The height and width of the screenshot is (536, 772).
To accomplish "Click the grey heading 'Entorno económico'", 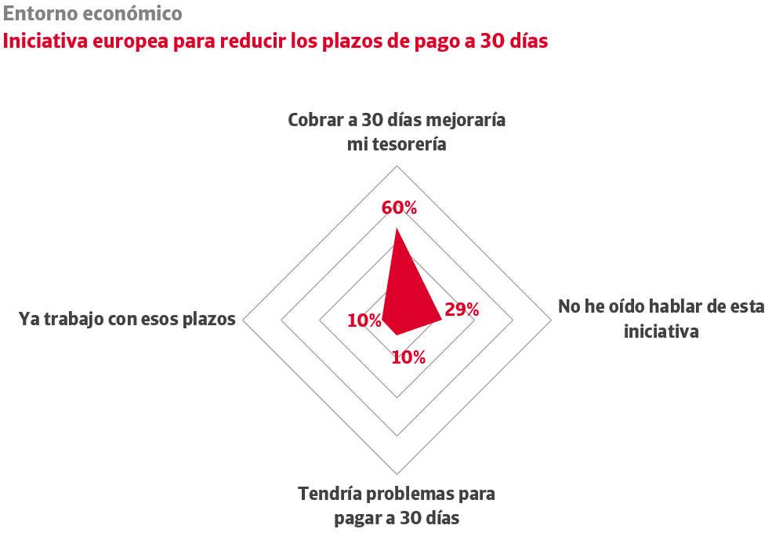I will (x=92, y=13).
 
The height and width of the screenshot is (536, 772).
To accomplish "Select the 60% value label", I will (x=399, y=208).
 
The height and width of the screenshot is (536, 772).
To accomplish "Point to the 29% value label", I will (x=462, y=310).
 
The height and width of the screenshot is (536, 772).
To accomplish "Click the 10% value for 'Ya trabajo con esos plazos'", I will (x=364, y=321).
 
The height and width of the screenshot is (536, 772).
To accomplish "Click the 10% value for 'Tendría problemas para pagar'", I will (x=408, y=357).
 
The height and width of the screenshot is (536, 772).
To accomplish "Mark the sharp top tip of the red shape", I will (x=397, y=229).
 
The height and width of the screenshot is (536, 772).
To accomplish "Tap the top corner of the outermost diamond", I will (x=397, y=165).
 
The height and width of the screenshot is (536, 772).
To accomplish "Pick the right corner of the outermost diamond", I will (x=552, y=320).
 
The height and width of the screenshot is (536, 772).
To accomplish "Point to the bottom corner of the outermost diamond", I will (x=397, y=474).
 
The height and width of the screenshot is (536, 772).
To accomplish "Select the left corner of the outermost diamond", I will (x=243, y=320).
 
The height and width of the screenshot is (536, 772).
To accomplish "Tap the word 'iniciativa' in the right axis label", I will (x=661, y=331).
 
